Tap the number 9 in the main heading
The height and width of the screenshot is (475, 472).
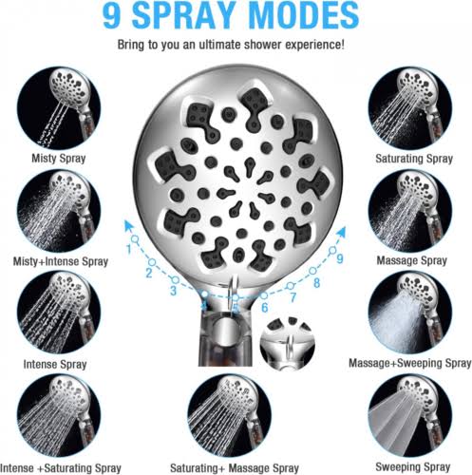112,15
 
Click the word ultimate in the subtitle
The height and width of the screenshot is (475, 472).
220,44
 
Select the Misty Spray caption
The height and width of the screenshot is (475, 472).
59,158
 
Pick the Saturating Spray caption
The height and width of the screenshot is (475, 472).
414,158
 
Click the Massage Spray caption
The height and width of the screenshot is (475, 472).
411,260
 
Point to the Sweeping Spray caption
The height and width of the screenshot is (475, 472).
413,466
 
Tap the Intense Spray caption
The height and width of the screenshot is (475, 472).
55,364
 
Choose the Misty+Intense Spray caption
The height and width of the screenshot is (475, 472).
61,261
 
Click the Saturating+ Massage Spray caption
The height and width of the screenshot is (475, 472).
235,468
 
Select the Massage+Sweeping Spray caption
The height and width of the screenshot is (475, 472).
410,363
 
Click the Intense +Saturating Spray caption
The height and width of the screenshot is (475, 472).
61,468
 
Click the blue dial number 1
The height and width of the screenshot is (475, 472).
129,249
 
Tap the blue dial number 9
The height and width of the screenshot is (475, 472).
340,258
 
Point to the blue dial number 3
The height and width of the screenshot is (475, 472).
173,291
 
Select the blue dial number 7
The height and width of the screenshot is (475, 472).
293,297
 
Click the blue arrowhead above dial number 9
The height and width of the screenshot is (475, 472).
341,232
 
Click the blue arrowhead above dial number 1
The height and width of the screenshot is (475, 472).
128,226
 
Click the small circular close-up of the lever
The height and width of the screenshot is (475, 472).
288,344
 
